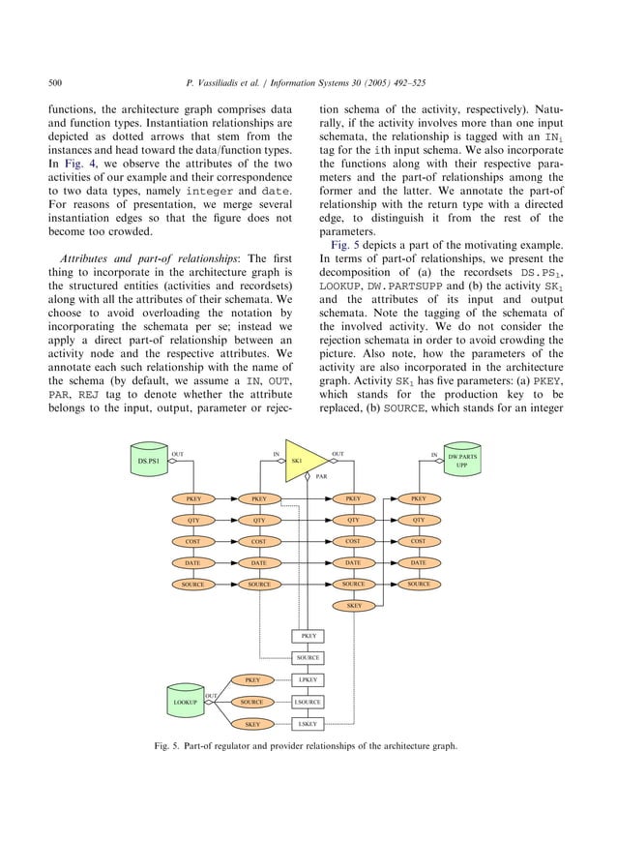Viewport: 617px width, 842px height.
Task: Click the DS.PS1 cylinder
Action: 152,462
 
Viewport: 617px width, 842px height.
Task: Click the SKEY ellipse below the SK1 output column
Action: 354,606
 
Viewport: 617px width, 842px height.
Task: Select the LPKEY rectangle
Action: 308,680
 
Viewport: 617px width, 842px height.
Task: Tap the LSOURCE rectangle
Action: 308,702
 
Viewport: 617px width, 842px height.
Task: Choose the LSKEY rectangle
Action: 308,723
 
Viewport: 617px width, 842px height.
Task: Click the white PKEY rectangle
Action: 308,636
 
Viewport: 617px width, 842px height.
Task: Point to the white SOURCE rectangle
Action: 308,658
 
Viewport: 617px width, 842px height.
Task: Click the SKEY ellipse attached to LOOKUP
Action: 251,723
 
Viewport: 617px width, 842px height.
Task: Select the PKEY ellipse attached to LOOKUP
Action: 251,680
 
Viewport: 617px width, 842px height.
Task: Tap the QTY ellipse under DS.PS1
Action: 193,520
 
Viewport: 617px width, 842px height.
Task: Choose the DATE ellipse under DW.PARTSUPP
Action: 418,562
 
